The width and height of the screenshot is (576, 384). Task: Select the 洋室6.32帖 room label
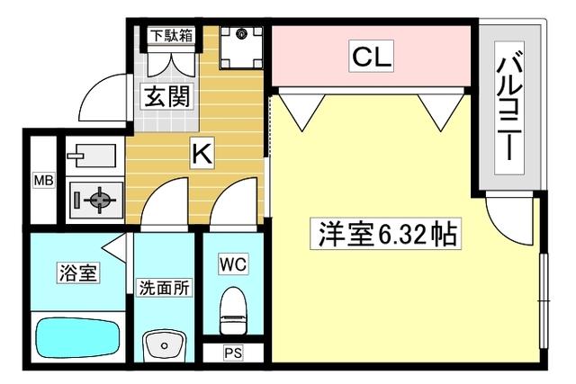[x=386, y=235]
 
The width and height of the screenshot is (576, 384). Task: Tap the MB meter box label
[x=43, y=181]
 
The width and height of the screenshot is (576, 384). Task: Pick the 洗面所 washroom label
[x=163, y=288]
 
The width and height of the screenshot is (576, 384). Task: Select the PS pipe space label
[x=233, y=353]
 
